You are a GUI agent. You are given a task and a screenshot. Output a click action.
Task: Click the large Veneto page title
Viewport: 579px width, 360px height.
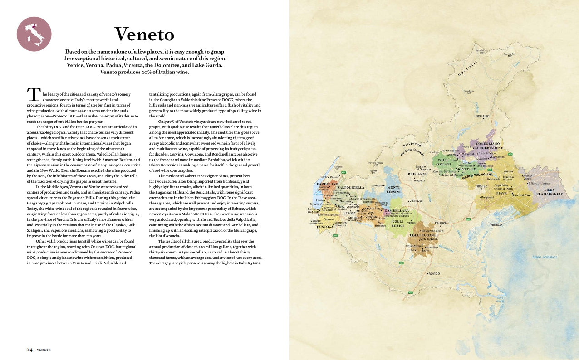(144, 34)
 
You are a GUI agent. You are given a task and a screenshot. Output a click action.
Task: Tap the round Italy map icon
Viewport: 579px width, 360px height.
(34, 34)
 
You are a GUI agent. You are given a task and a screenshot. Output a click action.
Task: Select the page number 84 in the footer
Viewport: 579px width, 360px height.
(30, 350)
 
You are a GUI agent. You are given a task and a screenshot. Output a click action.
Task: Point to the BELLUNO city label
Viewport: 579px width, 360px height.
(482, 117)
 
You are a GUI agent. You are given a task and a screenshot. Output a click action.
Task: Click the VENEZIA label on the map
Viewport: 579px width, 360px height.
(496, 224)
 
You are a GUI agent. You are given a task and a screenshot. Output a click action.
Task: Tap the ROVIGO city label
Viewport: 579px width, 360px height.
(434, 274)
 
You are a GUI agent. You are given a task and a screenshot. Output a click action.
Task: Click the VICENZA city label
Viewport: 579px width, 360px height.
(415, 201)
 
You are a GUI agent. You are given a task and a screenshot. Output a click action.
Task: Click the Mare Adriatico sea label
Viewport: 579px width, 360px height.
(545, 257)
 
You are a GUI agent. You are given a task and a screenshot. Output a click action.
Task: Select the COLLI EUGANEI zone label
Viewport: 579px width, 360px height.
(423, 235)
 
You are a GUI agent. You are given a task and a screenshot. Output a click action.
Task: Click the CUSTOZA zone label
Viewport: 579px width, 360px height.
(325, 226)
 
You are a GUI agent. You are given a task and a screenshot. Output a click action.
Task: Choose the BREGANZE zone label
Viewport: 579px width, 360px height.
(418, 174)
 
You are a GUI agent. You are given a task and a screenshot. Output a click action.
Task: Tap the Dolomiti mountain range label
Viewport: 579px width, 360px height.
(467, 70)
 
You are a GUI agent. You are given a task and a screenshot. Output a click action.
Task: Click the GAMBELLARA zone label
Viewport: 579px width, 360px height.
(397, 211)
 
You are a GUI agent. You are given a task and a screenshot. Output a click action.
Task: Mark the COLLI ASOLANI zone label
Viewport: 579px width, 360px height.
(444, 162)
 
